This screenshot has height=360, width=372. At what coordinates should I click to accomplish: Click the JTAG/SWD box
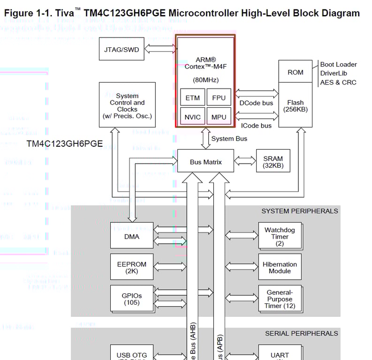click(121, 50)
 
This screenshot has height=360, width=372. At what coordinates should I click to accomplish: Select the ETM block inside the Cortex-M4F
click(192, 98)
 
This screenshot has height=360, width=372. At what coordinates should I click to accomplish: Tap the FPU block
click(219, 98)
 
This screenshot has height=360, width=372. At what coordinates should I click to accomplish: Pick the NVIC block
click(192, 117)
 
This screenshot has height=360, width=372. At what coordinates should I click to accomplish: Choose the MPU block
click(219, 117)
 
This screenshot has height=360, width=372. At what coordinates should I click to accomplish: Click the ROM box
click(295, 72)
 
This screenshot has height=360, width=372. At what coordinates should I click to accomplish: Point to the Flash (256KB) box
click(295, 105)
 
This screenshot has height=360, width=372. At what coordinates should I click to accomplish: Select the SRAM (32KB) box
click(273, 162)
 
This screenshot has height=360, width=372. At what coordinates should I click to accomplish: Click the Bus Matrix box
click(205, 162)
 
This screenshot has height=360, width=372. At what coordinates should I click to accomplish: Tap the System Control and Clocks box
click(127, 105)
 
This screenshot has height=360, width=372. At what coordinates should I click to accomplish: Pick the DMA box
click(132, 236)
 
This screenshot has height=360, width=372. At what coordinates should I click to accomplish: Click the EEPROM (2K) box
click(132, 267)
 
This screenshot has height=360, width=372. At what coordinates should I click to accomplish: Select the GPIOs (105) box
click(132, 299)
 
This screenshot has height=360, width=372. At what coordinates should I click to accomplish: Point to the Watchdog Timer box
click(280, 236)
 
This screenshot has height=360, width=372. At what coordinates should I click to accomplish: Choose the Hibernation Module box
click(280, 267)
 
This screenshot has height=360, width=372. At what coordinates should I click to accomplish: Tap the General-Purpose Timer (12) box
click(280, 299)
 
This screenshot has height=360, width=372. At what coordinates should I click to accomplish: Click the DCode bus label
click(256, 103)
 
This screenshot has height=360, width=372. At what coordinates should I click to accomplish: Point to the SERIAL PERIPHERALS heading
click(301, 333)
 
